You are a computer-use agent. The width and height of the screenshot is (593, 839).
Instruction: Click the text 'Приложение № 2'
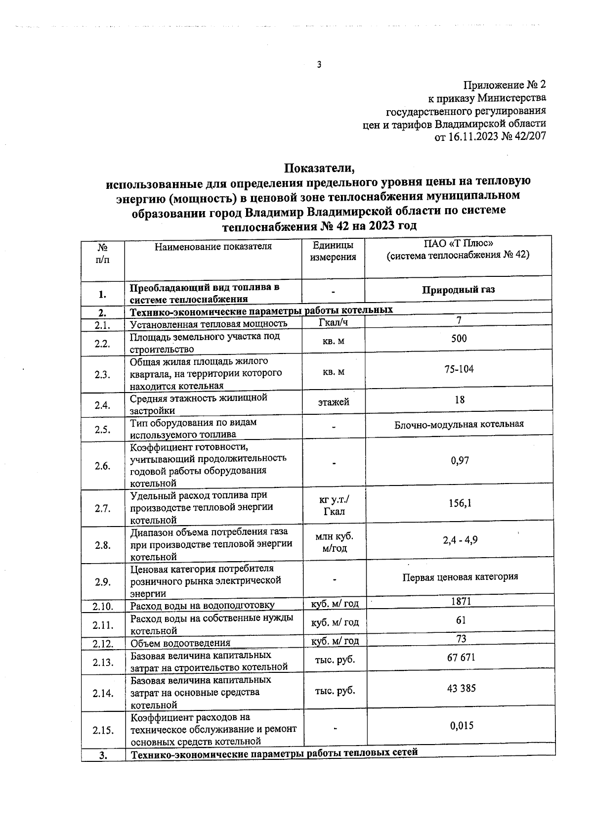505,85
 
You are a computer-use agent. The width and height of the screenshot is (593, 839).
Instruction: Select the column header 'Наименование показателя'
213,246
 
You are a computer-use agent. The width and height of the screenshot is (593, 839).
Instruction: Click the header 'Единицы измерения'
333,251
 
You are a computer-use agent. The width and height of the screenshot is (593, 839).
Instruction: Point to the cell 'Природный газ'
458,290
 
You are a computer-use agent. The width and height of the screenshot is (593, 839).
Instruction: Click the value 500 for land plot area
459,339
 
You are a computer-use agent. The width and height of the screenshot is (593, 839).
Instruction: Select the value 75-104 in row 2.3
459,369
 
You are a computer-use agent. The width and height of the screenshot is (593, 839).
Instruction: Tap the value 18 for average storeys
460,399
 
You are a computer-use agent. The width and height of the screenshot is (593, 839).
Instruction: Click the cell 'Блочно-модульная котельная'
459,424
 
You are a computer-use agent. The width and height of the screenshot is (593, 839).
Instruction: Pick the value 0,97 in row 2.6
460,461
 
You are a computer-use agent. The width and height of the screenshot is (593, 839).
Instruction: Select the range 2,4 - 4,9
460,540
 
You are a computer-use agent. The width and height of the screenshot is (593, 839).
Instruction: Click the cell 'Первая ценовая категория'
460,577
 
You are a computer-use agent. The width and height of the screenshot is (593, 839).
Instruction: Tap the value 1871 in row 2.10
461,601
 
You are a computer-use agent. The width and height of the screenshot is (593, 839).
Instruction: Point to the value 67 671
461,658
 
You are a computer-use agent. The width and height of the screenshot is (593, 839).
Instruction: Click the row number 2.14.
103,693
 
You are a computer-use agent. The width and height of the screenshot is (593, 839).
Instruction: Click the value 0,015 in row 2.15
462,726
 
